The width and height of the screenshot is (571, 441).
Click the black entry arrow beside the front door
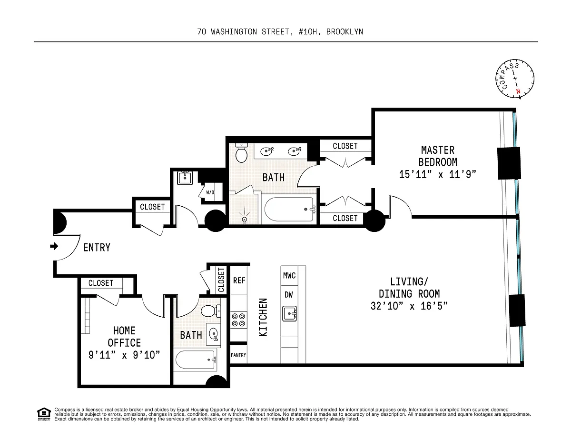pyautogui.click(x=54, y=246)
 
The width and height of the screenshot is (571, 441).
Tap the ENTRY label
pyautogui.click(x=97, y=248)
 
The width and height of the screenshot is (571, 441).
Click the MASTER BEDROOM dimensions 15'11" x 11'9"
pyautogui.click(x=437, y=174)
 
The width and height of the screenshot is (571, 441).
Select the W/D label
pyautogui.click(x=210, y=192)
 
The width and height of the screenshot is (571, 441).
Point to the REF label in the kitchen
pyautogui.click(x=239, y=281)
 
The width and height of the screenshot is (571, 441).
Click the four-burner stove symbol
pyautogui.click(x=239, y=320)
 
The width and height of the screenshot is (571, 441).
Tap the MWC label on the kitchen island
pyautogui.click(x=289, y=276)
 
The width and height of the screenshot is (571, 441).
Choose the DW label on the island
pyautogui.click(x=289, y=295)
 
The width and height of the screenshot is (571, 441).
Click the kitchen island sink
pyautogui.click(x=290, y=313)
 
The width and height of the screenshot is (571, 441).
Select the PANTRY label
pyautogui.click(x=238, y=355)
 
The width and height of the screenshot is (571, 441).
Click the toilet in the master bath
pyautogui.click(x=242, y=153)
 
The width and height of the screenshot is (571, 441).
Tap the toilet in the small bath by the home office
pyautogui.click(x=211, y=311)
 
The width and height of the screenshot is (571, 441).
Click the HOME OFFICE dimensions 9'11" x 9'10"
pyautogui.click(x=124, y=355)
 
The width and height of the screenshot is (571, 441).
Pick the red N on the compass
pyautogui.click(x=518, y=91)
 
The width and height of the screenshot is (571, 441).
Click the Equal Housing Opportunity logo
pyautogui.click(x=44, y=414)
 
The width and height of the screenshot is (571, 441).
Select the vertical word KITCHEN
pyautogui.click(x=263, y=317)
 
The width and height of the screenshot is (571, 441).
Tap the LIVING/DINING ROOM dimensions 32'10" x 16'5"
pyautogui.click(x=409, y=306)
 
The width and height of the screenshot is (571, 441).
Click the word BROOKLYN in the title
pyautogui.click(x=345, y=32)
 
